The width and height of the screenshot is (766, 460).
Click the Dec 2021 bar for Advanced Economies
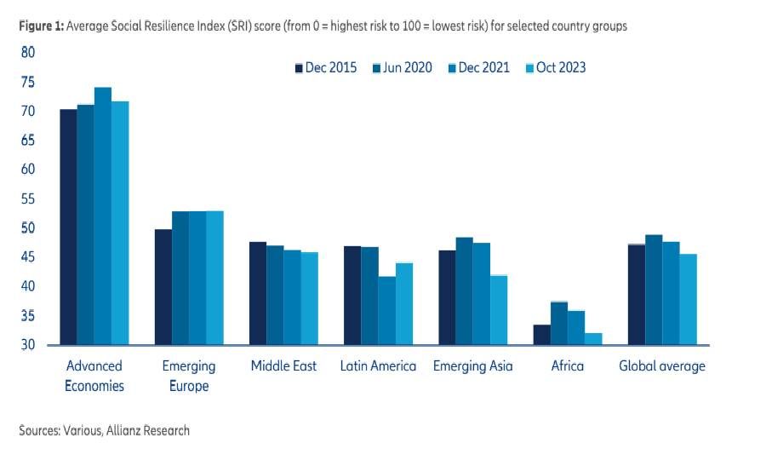pyautogui.click(x=102, y=216)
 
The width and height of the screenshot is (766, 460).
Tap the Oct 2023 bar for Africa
pyautogui.click(x=593, y=339)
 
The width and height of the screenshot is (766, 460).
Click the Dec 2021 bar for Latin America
pyautogui.click(x=386, y=311)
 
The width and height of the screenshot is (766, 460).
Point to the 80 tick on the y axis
pyautogui.click(x=28, y=53)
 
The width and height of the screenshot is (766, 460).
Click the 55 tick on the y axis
pyautogui.click(x=28, y=199)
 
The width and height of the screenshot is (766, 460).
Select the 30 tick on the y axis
pyautogui.click(x=28, y=345)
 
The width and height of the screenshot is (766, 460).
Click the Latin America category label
pyautogui.click(x=378, y=366)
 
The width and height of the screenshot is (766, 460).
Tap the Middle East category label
pyautogui.click(x=283, y=366)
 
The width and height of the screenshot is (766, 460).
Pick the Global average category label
pyautogui.click(x=662, y=366)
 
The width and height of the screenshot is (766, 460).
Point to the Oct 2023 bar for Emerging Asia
pyautogui.click(x=499, y=310)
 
